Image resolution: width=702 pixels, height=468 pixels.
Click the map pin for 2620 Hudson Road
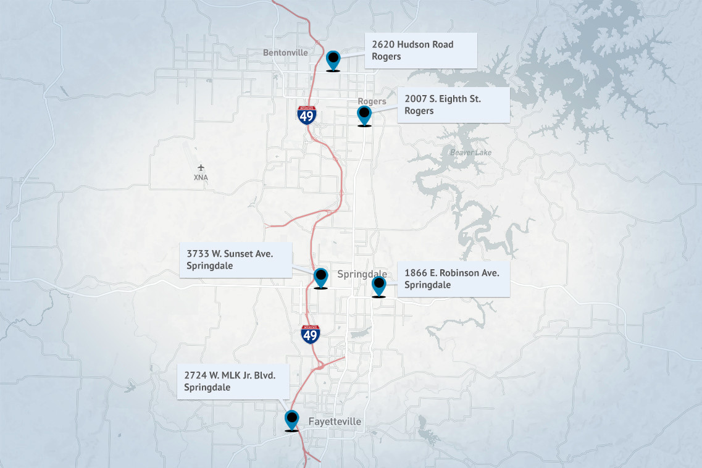333,60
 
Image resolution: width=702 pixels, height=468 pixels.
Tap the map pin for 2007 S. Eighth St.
364,115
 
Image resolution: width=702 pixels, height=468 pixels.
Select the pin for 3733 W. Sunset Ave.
320,277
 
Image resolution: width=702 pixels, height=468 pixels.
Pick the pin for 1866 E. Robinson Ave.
378,286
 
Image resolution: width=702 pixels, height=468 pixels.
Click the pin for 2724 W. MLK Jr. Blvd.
291,420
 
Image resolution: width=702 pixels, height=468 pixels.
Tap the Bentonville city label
285,52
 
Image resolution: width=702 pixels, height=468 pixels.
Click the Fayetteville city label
335,421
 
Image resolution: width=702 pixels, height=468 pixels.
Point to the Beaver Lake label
470,152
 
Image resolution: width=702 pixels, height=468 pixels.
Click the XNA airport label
201,178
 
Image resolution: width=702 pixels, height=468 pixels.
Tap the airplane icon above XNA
201,167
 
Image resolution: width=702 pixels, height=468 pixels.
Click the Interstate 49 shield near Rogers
307,115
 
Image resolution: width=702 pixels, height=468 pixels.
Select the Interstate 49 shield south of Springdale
310,334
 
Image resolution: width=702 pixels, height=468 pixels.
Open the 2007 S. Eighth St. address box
453,105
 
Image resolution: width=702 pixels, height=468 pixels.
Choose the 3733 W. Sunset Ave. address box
235,260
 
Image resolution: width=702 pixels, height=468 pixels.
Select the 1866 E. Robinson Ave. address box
453,278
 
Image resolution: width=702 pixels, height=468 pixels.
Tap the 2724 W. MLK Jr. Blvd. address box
234,381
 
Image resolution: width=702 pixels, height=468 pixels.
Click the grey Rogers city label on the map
372,101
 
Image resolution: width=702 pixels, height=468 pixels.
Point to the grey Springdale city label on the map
362,274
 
